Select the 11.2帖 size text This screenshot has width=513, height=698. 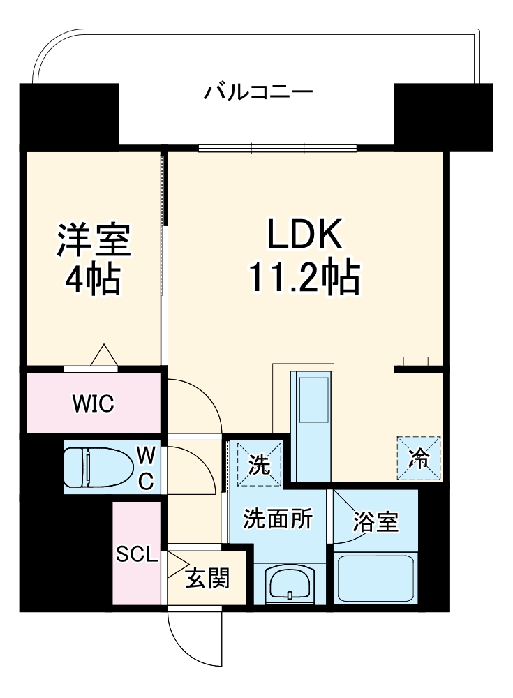coord(305,279)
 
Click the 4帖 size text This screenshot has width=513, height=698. coord(93,280)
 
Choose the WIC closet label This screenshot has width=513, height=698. coord(93,403)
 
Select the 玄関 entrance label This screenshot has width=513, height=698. coord(207,578)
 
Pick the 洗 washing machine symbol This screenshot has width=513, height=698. coord(259,464)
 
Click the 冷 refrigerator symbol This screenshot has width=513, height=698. coord(419,458)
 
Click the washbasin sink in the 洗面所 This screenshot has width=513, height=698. coord(291,583)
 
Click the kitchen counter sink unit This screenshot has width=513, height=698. coord(313,426)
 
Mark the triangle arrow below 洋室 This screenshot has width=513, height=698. coord(105,355)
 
